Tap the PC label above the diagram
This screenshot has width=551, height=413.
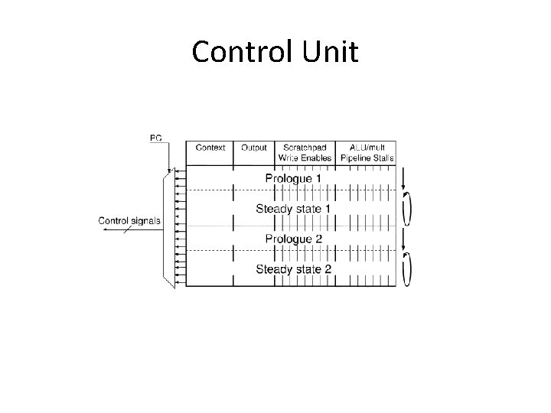coord(155,138)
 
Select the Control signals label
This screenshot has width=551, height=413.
coord(130,221)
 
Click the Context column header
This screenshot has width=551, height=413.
coord(210,148)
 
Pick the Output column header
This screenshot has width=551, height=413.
coord(253,148)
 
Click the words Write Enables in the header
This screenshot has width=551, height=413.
coord(305,158)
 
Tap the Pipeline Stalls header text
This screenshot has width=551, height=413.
coord(366,158)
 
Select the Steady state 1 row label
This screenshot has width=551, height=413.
coord(293,208)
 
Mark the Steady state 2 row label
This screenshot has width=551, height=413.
coord(293,268)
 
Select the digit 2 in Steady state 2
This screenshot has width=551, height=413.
coord(328,268)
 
